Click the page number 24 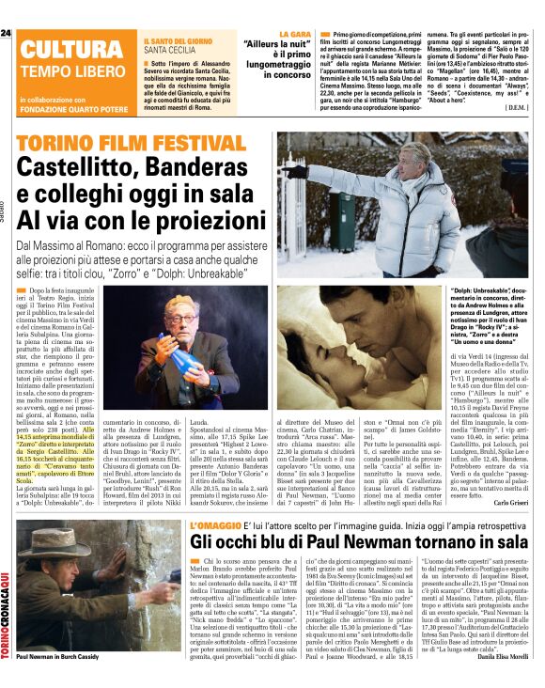pos(6,33)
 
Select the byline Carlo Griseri pos(511,503)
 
